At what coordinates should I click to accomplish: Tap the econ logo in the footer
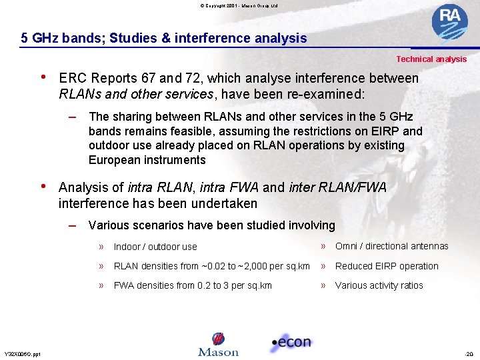pos(291,343)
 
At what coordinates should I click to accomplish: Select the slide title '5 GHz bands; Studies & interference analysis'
pos(164,38)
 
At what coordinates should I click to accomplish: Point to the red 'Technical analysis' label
pos(431,59)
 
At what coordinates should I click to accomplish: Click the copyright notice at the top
pos(239,5)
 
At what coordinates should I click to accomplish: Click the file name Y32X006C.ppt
pos(22,354)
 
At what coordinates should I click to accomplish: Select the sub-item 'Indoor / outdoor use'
pos(155,247)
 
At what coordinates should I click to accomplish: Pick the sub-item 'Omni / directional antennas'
pos(391,246)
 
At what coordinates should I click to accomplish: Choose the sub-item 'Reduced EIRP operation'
pos(387,266)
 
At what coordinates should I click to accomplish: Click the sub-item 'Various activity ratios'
pos(379,285)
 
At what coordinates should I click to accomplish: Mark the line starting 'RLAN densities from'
pos(211,266)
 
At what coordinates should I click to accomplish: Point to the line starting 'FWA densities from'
pos(193,285)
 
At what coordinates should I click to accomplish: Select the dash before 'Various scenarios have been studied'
pos(73,225)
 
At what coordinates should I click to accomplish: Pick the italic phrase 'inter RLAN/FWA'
pos(338,188)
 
